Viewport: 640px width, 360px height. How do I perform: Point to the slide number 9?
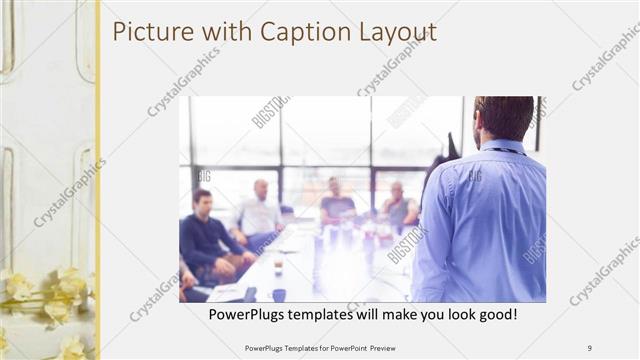[x=590, y=347]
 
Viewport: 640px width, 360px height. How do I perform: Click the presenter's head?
[x=504, y=118]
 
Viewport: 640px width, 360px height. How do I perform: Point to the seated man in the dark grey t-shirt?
[x=337, y=205]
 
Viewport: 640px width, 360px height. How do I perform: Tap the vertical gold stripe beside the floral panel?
[x=97, y=180]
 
